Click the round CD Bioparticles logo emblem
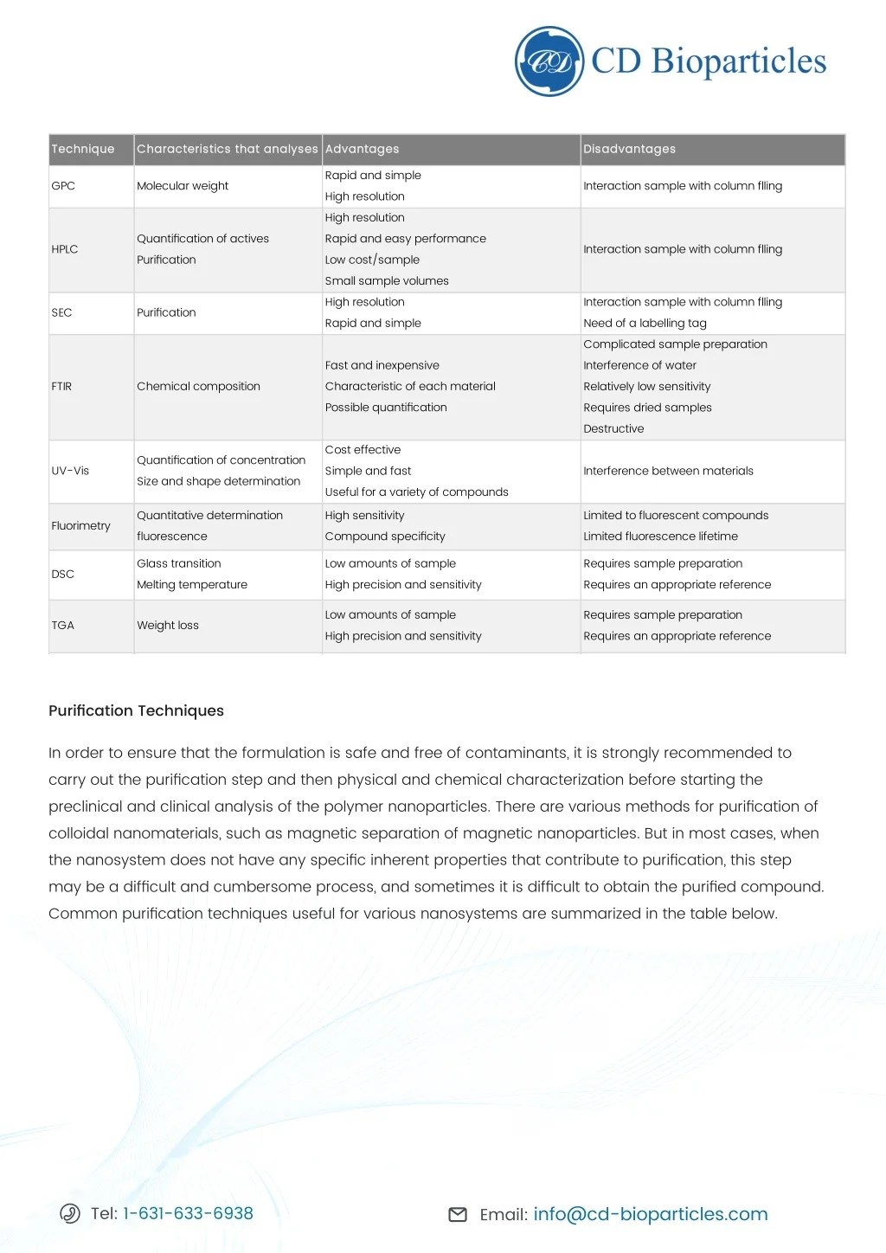coord(549,61)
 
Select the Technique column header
coord(83,149)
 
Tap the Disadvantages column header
coord(629,149)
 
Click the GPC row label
coord(63,186)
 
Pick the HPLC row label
coord(65,249)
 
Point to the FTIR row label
coord(61,387)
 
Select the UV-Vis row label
coord(70,471)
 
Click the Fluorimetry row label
coord(80,526)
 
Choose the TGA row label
coord(63,626)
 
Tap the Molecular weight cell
coord(183,186)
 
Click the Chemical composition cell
coord(198,387)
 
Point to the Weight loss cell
coord(168,626)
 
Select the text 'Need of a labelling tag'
coord(645,324)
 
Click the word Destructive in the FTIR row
coord(613,429)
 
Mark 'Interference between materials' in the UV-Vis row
coord(668,471)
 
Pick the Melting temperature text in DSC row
coord(192,585)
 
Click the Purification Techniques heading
coord(136,710)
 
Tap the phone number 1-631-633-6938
coord(188,1213)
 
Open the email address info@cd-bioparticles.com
coord(650,1214)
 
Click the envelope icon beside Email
coord(458,1215)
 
